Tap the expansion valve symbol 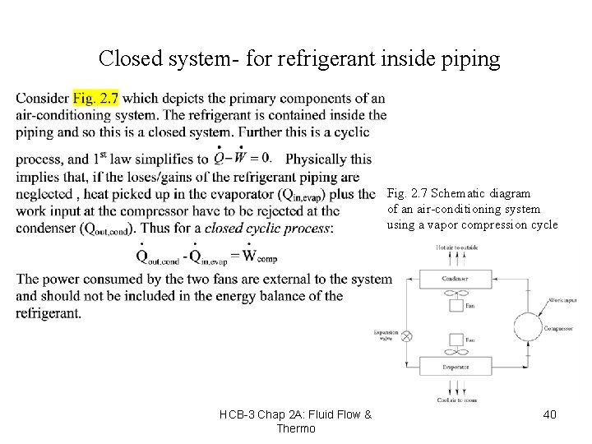[405, 336]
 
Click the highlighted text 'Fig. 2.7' [95, 99]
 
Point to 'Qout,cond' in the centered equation [159, 257]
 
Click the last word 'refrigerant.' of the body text [49, 313]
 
